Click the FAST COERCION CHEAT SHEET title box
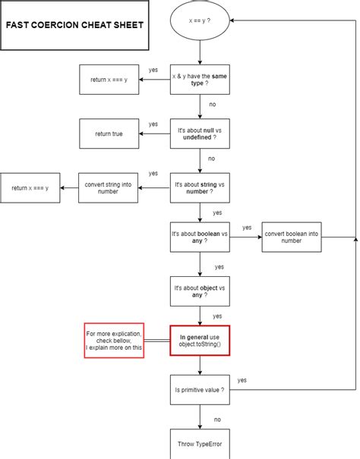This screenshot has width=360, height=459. pos(74,25)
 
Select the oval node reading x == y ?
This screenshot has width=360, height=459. pos(200,22)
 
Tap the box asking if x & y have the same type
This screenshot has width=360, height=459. pos(200,79)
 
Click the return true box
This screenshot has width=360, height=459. pos(109,134)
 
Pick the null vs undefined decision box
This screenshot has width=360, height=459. pos(200,134)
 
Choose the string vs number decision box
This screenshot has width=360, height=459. pos(200,187)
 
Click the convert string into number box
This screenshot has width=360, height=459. pos(109,187)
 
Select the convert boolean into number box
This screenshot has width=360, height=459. pos(291,237)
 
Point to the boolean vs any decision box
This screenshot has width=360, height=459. pos(200,237)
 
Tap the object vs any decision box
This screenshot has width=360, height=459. pos(200,290)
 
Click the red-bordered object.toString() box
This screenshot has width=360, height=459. pos(200,341)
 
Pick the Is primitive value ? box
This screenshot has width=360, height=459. pos(200,389)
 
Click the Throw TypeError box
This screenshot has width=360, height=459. pos(200,444)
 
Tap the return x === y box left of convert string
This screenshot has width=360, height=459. pos(30,187)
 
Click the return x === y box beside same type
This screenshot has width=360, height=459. pos(109,79)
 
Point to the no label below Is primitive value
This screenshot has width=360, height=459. pos(217,419)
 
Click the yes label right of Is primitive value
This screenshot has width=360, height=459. pos(242,379)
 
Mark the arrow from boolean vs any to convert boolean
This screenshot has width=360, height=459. pos(245,237)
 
